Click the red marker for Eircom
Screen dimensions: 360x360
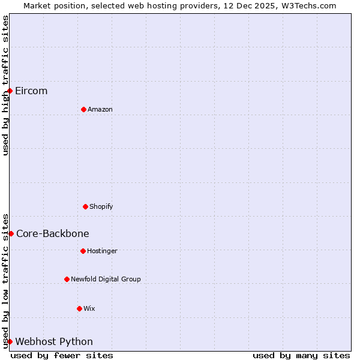tap(10, 91)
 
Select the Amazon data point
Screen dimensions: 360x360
tap(83, 109)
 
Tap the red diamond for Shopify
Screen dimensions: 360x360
tap(85, 206)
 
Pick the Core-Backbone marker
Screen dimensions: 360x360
tap(11, 233)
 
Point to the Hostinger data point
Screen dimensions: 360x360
tap(83, 251)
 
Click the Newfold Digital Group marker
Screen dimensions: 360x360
tap(67, 279)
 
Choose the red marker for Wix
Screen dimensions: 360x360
tap(79, 308)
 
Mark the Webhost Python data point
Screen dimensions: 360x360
tap(10, 341)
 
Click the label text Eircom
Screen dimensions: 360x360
tap(31, 91)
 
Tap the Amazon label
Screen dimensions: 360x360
tap(100, 109)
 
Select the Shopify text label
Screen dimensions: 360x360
tap(101, 206)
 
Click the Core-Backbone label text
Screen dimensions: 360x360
tap(53, 233)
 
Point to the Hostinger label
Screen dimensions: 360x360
tap(103, 251)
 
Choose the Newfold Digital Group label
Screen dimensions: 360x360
tap(106, 279)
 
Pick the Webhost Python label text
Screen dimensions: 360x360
tap(54, 341)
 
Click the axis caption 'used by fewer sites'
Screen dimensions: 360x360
tap(62, 355)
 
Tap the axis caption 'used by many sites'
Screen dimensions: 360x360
tap(301, 355)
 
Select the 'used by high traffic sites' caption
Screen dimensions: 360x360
tap(5, 85)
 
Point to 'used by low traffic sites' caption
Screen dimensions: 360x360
tap(5, 281)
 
